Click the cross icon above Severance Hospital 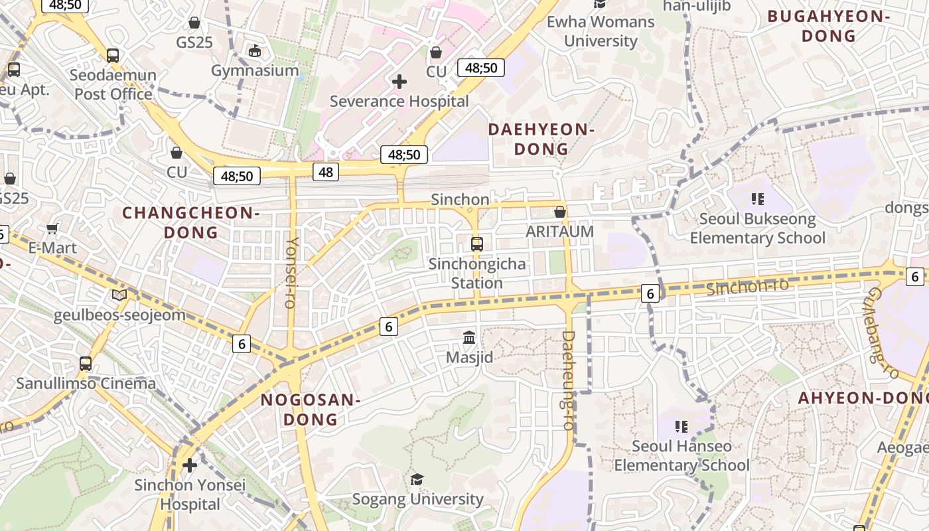point(399,82)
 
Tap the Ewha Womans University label point(600,31)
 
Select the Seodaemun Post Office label point(113,84)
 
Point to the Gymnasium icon point(254,50)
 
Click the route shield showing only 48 point(325,173)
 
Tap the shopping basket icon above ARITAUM point(560,212)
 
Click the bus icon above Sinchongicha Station point(476,244)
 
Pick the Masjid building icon point(469,337)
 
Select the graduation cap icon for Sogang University point(417,479)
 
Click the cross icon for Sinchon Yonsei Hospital point(190,465)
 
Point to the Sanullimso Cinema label point(86,384)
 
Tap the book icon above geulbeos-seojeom point(119,295)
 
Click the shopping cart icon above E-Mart point(52,229)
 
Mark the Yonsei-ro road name point(290,272)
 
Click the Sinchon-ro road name point(747,287)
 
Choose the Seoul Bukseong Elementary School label point(757,228)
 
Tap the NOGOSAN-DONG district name point(311,410)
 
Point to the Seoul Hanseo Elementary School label point(681,455)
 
